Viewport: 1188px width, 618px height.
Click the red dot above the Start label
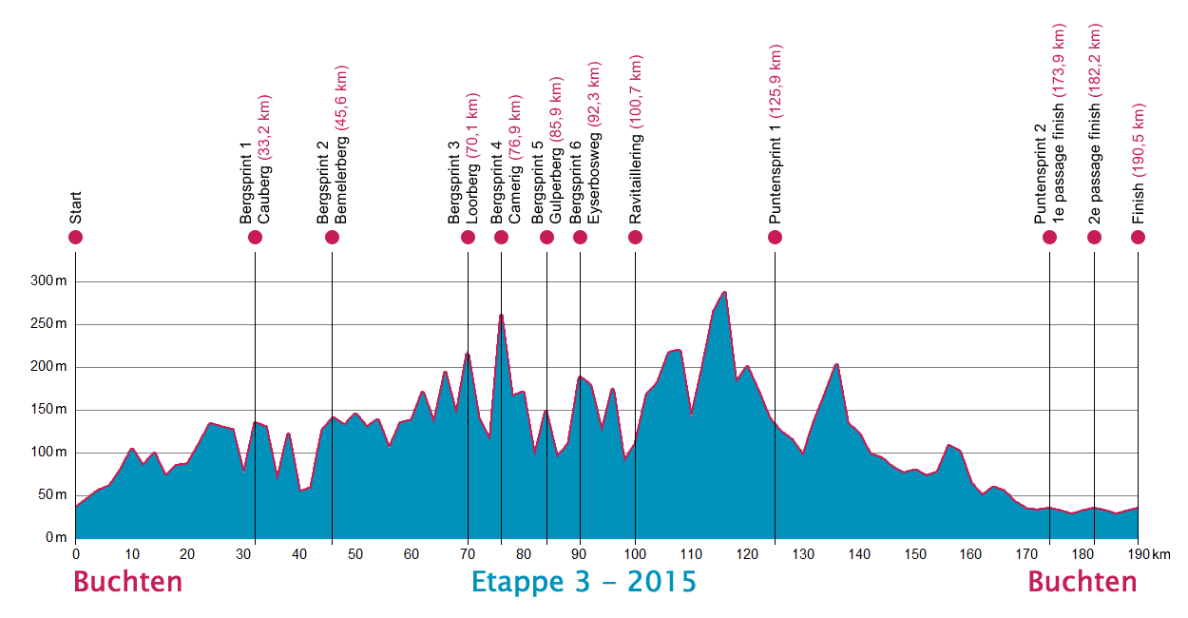pyautogui.click(x=76, y=237)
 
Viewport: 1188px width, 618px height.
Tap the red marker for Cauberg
pyautogui.click(x=255, y=237)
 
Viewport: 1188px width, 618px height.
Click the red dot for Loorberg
pyautogui.click(x=468, y=237)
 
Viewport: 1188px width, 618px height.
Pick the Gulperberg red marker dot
pyautogui.click(x=546, y=237)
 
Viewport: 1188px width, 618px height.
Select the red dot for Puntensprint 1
pyautogui.click(x=775, y=237)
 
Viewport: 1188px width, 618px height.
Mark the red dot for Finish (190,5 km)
pyautogui.click(x=1138, y=237)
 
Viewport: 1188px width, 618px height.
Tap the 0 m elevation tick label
pyautogui.click(x=56, y=538)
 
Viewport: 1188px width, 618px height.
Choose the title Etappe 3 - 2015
pyautogui.click(x=584, y=582)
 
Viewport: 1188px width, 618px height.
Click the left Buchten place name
pyautogui.click(x=127, y=582)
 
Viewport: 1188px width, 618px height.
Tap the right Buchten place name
pyautogui.click(x=1083, y=582)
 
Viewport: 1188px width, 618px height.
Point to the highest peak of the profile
pyautogui.click(x=724, y=293)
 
